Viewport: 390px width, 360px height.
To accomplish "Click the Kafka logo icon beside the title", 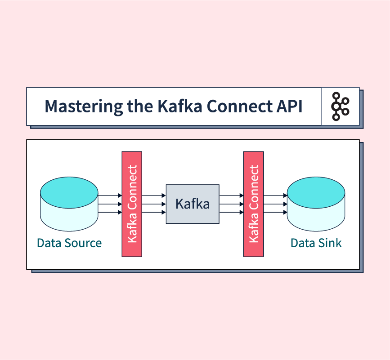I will (340, 107).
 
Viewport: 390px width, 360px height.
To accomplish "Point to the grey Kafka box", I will (193, 204).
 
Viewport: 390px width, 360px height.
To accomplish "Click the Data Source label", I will (69, 243).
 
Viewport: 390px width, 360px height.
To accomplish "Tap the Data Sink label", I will (316, 243).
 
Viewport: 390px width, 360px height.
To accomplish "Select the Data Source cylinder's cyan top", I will (69, 192).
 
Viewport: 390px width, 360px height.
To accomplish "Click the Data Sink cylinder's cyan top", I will (316, 192).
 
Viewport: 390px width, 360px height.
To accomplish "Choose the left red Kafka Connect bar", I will (132, 204).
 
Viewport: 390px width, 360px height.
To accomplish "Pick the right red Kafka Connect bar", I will (253, 204).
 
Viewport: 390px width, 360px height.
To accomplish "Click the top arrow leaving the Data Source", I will (110, 196).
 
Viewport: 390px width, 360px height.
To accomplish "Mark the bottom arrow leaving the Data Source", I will (110, 212).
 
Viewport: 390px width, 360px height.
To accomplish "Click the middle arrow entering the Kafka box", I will (154, 204).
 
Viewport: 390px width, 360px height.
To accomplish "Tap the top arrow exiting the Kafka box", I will (231, 196).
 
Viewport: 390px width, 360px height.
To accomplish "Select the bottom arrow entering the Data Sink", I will (275, 212).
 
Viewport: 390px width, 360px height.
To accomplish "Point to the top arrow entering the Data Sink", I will (275, 196).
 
